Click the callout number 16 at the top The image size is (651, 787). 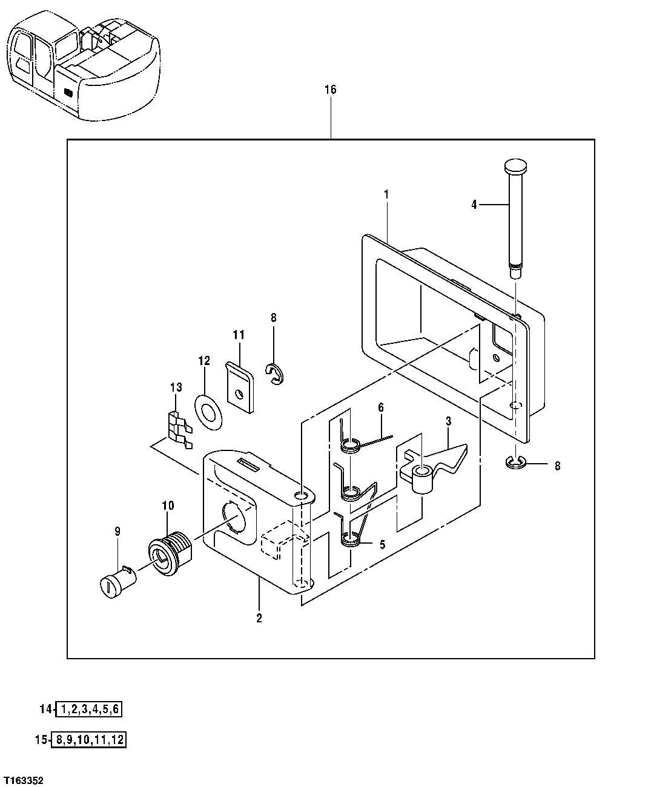click(330, 90)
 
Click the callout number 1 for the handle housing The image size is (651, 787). click(386, 194)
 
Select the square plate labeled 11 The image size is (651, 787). click(240, 388)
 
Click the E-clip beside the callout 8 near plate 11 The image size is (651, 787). click(275, 374)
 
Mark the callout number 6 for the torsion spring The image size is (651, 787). click(381, 407)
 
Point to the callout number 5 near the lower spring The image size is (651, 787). click(382, 544)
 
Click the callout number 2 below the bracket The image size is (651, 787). click(259, 618)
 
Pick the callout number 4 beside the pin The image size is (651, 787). click(474, 205)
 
